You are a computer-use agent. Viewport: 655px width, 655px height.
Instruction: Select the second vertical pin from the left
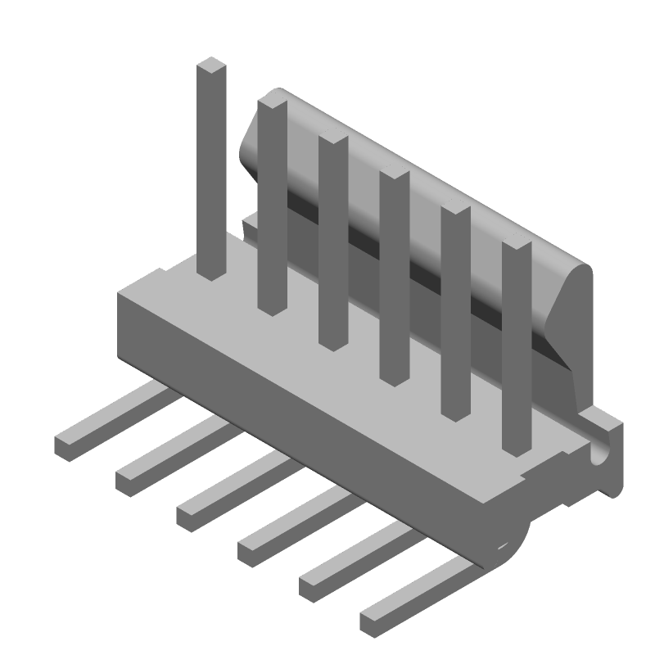272,205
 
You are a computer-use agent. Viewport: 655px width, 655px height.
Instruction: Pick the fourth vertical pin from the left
394,278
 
